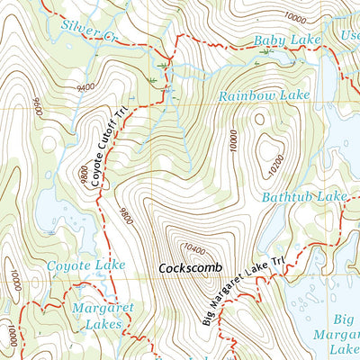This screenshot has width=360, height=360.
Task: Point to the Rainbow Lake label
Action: [264, 94]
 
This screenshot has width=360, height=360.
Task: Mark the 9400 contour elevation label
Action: [86, 87]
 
